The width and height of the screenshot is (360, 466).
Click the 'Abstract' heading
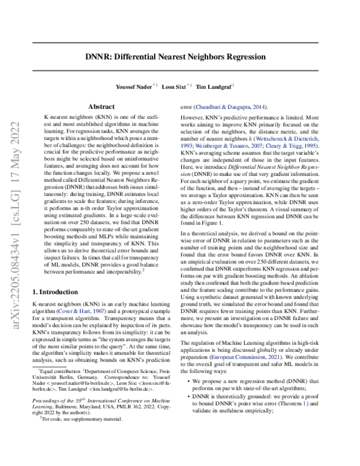tap(101, 106)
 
